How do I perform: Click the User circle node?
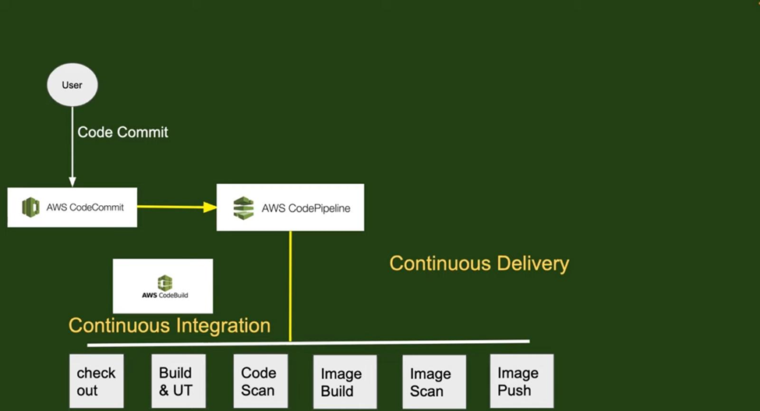72,84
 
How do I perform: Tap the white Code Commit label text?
122,132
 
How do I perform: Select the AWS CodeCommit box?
72,207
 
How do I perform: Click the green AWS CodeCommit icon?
30,207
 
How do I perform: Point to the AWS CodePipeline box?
290,207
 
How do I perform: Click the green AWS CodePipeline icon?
244,208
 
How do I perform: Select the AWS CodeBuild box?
163,286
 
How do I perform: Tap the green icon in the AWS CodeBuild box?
164,282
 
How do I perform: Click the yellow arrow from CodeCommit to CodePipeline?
176,207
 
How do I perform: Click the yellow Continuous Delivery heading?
479,264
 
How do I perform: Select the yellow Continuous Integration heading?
169,325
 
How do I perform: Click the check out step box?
97,381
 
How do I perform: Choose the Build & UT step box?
178,381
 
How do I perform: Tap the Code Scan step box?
260,381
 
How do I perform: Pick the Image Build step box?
345,382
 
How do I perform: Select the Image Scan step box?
433,382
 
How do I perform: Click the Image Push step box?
521,381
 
